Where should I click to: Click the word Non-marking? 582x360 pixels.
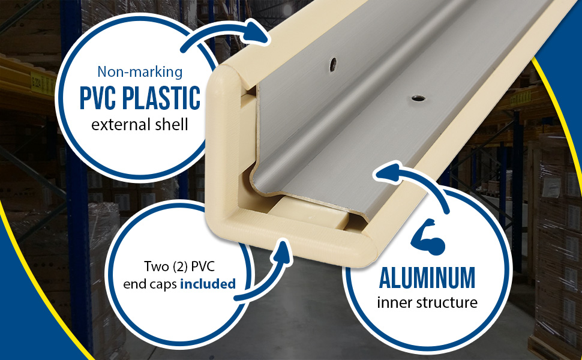coord(140,71)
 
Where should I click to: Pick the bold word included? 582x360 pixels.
coord(208,284)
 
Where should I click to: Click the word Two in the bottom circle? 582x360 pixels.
coord(156,266)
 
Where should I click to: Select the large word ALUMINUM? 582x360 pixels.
coord(427,277)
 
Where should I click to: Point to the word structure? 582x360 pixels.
coord(446,302)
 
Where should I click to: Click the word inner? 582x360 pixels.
coord(394,302)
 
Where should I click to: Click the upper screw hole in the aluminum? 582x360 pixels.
coord(333,64)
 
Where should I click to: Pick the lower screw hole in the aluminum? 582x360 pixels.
coord(418,98)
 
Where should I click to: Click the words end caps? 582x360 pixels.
coord(150,284)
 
